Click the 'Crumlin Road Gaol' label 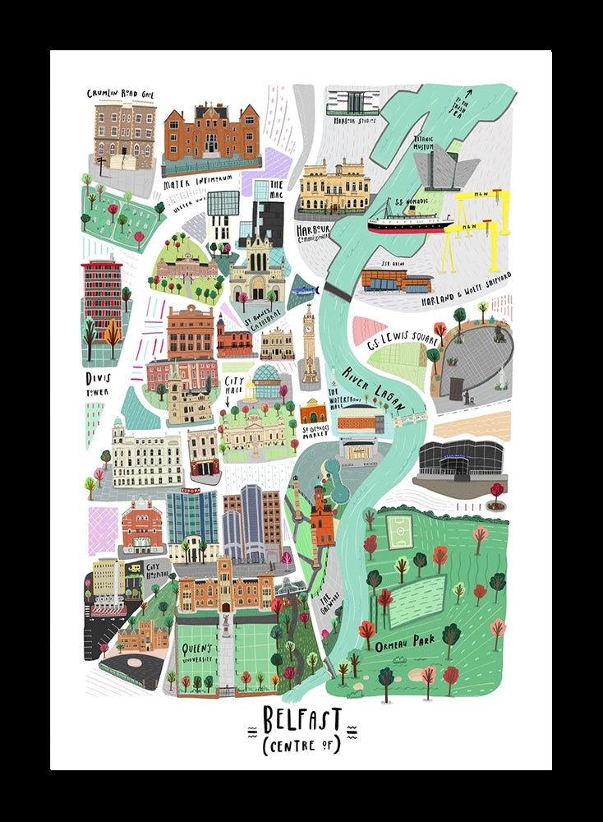[x=121, y=94]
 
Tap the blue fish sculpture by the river [x=303, y=290]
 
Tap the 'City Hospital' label [x=157, y=570]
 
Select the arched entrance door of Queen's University [x=225, y=607]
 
